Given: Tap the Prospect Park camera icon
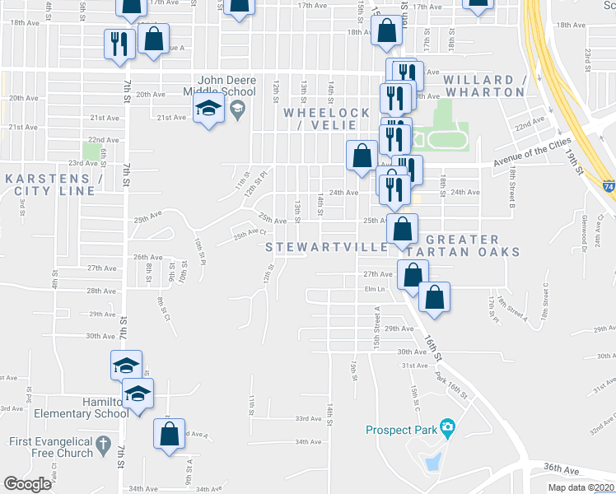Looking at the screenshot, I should (x=447, y=427).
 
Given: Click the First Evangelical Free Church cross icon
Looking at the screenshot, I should (x=103, y=445).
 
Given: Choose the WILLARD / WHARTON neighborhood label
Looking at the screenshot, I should (x=483, y=86).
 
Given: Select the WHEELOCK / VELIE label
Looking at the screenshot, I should (x=320, y=119).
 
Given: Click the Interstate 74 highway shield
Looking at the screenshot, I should (x=608, y=189).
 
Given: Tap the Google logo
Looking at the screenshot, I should (x=27, y=484).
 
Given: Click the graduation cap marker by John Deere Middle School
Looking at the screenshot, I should (x=208, y=109).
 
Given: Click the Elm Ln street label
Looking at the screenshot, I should (x=375, y=289).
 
